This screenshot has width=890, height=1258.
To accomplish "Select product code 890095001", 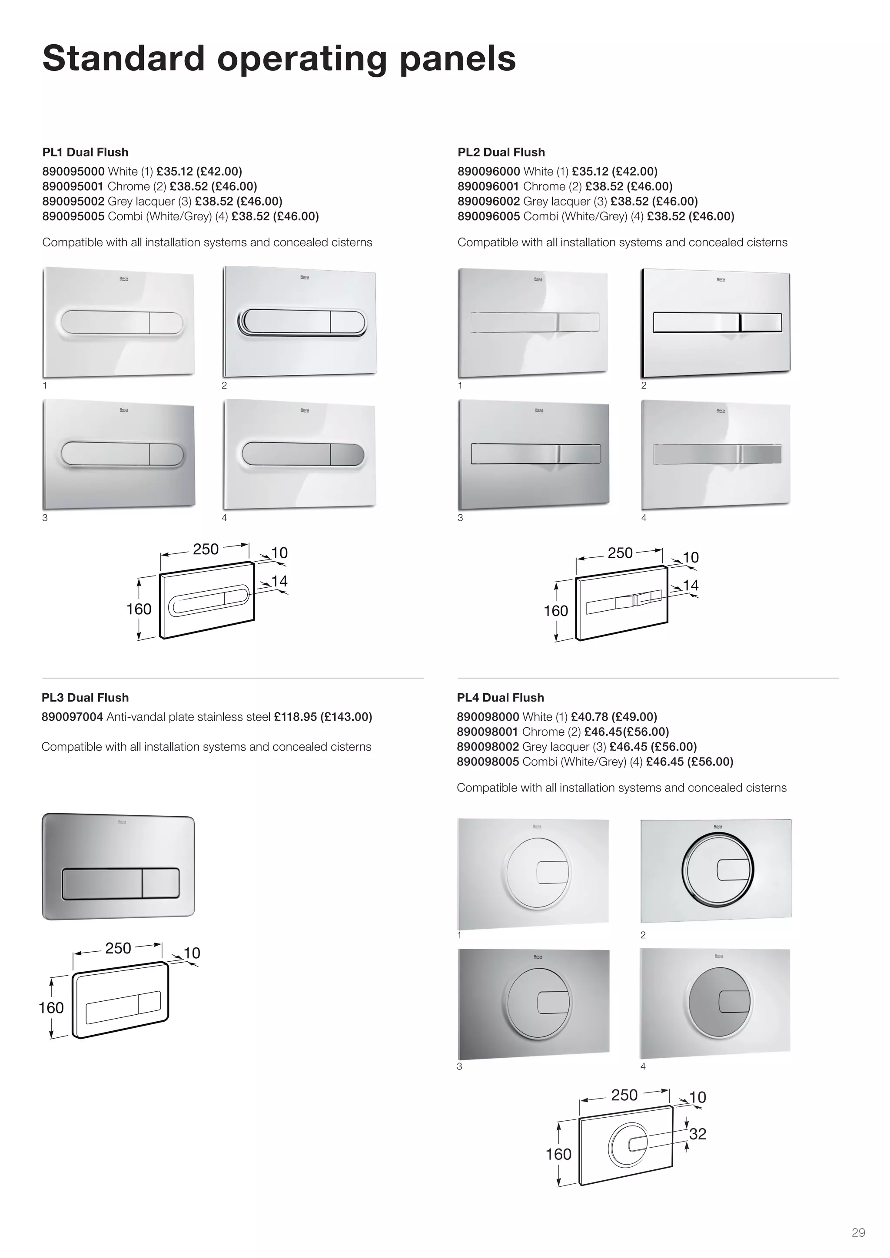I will (73, 186).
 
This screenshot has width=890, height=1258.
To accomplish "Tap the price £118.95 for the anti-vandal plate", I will (295, 717).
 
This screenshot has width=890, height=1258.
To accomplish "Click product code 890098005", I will (488, 761).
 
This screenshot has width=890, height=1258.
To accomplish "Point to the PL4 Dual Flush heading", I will (500, 698).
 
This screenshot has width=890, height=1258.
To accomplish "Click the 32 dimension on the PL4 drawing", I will (697, 1134).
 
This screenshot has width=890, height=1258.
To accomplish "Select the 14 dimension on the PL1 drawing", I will (279, 581).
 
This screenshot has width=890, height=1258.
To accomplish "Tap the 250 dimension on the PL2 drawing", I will (620, 553).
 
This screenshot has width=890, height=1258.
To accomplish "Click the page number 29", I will (858, 1233).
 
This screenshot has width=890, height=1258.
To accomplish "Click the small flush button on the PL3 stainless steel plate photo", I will (160, 883).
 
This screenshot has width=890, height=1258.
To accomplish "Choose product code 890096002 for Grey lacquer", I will (488, 201).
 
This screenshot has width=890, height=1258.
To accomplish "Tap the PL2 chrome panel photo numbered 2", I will (715, 323).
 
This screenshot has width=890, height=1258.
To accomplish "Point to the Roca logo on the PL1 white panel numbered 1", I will (124, 279).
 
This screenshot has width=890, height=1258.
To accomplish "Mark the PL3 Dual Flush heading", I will (85, 698).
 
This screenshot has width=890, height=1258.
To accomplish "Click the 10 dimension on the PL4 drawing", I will (697, 1097).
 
